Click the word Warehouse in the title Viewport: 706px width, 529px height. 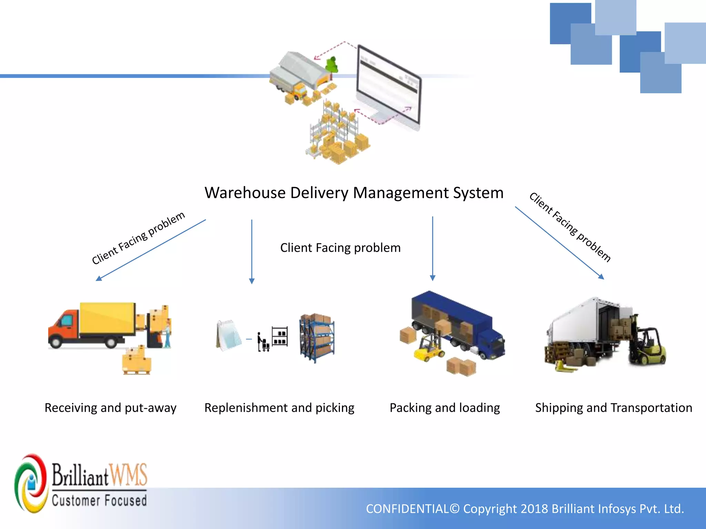point(245,193)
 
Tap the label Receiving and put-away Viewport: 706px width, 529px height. point(110,408)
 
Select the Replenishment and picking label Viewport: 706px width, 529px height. point(279,408)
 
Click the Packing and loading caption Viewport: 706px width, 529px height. point(445,408)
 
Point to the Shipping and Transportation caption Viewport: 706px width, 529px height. point(614,408)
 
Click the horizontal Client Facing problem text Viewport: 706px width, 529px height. point(340,248)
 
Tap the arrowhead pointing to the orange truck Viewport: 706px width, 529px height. point(99,278)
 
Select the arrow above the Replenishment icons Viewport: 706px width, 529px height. point(252,251)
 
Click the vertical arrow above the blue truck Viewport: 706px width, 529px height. point(433,248)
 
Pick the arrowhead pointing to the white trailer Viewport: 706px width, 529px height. point(601,277)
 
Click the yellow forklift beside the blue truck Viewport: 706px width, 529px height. point(429,348)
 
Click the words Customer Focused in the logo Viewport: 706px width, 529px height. point(99,500)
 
